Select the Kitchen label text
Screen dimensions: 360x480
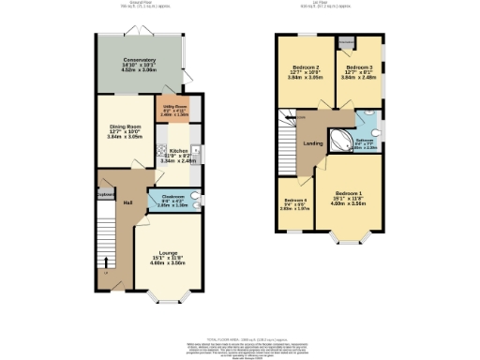[177, 155]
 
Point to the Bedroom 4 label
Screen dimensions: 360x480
[297, 203]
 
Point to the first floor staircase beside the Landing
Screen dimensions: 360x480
[285, 131]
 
